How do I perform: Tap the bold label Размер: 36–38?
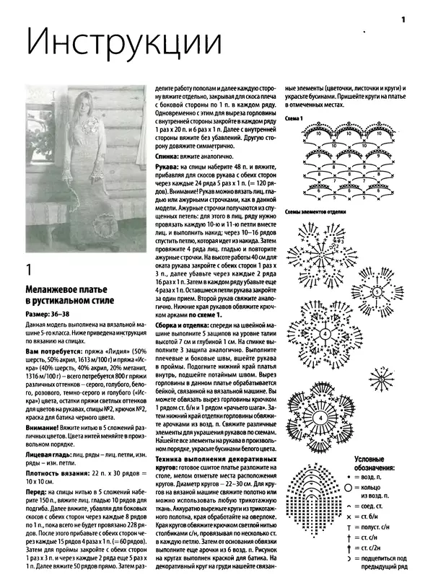pyautogui.click(x=49, y=315)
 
